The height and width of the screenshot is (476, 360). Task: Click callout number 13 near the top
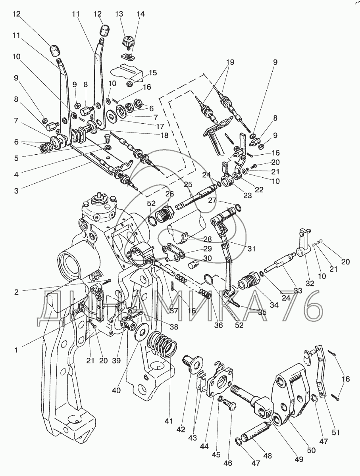click(x=119, y=14)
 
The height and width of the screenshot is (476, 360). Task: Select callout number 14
click(x=141, y=14)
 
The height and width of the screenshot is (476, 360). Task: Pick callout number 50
click(x=311, y=450)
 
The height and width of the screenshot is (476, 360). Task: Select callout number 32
click(x=310, y=283)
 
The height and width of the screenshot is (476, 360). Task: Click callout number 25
click(x=188, y=184)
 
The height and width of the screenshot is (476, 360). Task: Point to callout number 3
click(x=16, y=191)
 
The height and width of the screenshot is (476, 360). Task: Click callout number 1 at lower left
click(x=16, y=350)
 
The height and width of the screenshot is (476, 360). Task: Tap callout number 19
click(x=230, y=62)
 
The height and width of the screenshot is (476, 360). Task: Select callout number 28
click(x=207, y=239)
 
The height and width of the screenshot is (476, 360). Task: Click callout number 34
click(x=274, y=305)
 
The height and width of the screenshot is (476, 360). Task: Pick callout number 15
click(x=152, y=73)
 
